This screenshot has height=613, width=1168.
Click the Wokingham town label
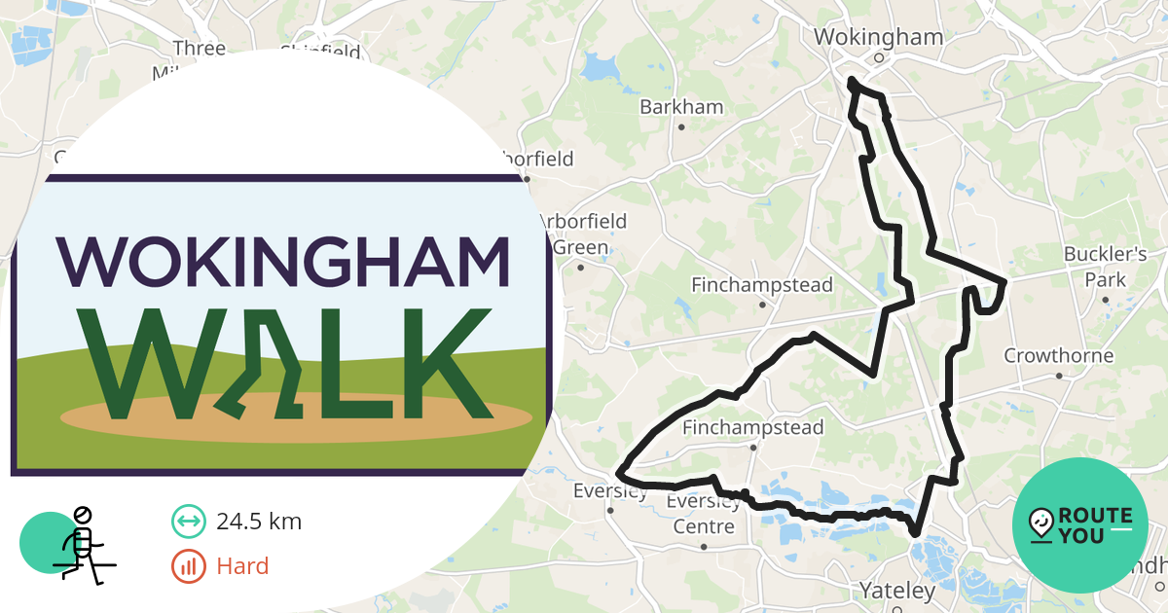point(878,37)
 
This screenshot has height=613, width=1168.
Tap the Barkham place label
point(681,107)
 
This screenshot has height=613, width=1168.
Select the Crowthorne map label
point(1058,355)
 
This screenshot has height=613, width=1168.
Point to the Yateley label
point(896,590)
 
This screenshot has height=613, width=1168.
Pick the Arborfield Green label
point(581,234)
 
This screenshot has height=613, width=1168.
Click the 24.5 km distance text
point(259,522)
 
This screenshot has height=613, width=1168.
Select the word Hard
point(242,565)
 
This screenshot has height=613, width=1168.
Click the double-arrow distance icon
point(189,522)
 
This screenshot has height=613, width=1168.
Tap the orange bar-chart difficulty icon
point(189,565)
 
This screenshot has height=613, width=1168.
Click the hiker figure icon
point(80,545)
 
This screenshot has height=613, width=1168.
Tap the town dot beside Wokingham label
point(878,57)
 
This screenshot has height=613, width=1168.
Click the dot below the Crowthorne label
point(1059,376)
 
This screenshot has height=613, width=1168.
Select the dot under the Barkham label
point(681,126)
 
